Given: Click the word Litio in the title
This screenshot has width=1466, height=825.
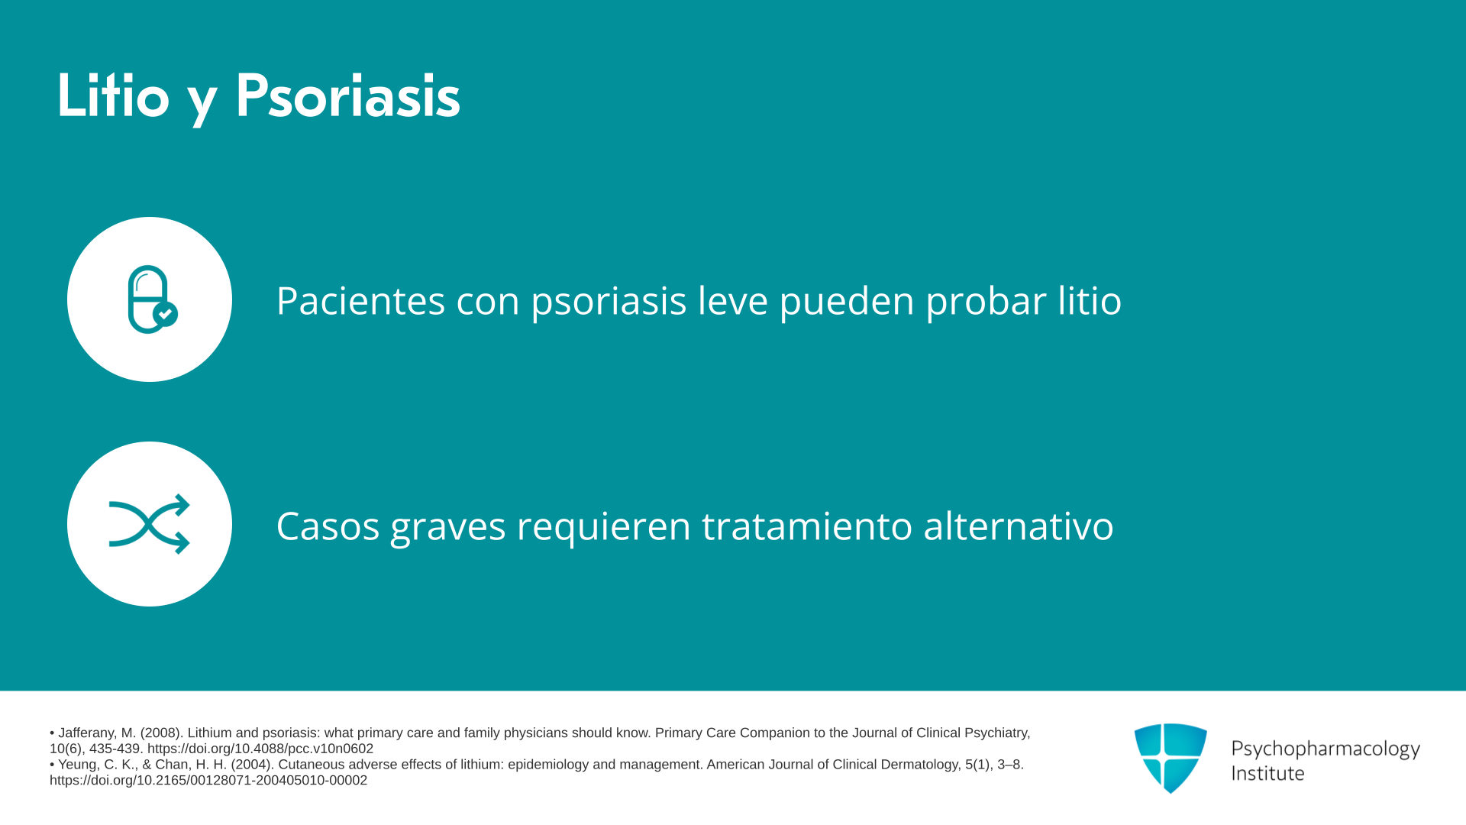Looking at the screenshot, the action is (x=113, y=96).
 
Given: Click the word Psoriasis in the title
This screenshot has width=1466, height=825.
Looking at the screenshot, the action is (x=347, y=96).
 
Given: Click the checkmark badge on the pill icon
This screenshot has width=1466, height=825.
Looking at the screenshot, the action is (x=165, y=314).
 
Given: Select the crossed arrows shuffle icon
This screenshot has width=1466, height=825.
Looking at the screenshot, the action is (x=150, y=524).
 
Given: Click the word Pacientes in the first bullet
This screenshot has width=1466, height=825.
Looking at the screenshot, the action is (x=360, y=300).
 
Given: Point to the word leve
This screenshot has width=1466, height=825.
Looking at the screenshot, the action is (x=732, y=300).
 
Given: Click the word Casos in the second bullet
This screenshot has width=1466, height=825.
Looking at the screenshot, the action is (x=328, y=526).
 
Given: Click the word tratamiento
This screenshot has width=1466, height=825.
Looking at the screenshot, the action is (x=806, y=526).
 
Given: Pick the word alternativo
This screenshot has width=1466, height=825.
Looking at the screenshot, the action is (x=1018, y=526).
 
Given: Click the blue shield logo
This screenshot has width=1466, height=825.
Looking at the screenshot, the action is (x=1171, y=758).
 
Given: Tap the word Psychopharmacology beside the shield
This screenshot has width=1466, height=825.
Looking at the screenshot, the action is (x=1326, y=749).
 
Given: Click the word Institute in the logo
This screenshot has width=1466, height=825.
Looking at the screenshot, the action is (x=1267, y=773).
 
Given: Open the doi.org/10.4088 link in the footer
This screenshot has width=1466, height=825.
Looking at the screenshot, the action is (x=260, y=749).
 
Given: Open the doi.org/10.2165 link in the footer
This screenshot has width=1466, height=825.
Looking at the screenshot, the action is (x=208, y=780).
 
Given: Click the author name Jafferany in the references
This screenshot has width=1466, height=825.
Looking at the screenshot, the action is (x=86, y=733).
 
